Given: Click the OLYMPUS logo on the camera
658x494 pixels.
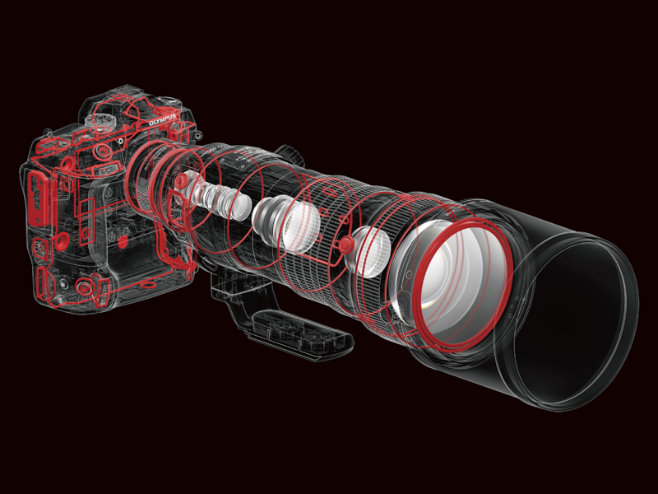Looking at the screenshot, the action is click(x=163, y=119).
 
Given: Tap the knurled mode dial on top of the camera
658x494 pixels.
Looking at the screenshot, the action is click(x=100, y=119).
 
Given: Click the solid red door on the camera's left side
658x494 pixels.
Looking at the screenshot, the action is click(x=38, y=199).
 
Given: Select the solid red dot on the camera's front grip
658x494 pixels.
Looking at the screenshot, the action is click(x=123, y=241).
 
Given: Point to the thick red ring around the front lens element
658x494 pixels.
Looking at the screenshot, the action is click(x=463, y=282).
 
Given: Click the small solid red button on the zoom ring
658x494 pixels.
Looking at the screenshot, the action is click(x=345, y=244).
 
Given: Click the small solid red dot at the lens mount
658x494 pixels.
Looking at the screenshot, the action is click(x=180, y=181).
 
